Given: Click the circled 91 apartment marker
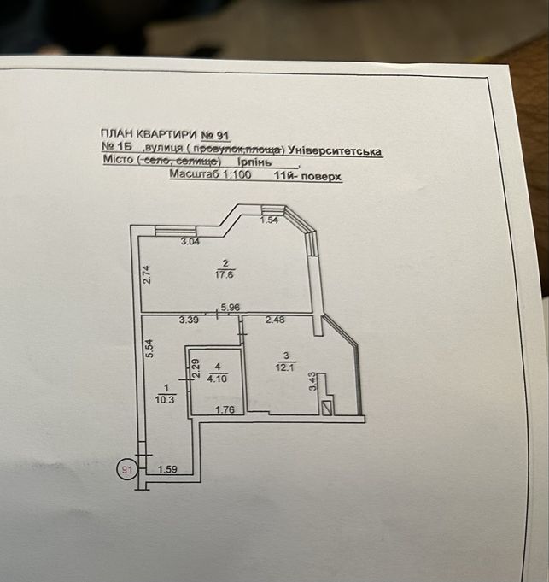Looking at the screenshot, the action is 127,469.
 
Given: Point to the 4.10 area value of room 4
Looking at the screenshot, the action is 217,379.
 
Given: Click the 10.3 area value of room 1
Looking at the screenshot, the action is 166,400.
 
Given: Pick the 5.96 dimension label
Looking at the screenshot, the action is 231,308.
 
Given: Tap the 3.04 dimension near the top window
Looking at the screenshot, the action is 190,242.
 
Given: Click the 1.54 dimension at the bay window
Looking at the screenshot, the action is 270,220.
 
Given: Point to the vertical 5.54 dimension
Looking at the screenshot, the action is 149,349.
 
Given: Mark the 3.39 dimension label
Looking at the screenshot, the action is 189,320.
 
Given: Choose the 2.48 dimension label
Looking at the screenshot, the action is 275,320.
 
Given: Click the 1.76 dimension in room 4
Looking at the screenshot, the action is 225,409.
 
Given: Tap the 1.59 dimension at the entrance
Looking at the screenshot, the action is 167,469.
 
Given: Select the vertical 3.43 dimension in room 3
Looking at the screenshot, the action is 312,381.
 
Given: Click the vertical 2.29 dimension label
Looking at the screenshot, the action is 196,369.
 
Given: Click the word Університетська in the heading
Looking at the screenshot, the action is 335,151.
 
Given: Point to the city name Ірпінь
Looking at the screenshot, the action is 254,162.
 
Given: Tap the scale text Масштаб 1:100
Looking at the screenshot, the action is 210,174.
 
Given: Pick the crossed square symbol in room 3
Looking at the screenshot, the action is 327,409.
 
